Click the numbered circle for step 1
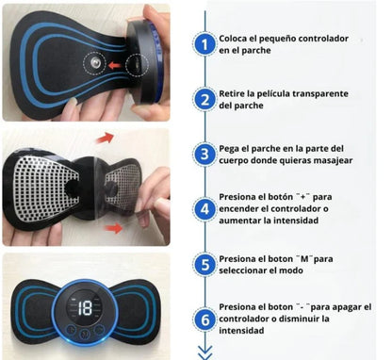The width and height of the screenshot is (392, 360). tap(204, 44)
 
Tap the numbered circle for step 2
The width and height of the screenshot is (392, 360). tap(204, 99)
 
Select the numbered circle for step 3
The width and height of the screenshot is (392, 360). tap(204, 155)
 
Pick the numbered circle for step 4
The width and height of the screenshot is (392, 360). tap(204, 209)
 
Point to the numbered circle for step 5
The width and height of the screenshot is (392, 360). tap(204, 265)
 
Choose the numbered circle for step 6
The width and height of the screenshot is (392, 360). tap(204, 319)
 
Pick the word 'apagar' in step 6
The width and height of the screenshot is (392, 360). tap(345, 307)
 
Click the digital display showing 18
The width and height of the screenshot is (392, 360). tap(85, 308)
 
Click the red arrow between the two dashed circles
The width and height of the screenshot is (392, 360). tap(115, 66)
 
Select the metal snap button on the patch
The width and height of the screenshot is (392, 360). tap(94, 63)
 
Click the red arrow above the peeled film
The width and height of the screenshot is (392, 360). tap(105, 138)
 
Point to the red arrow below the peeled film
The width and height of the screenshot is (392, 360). tap(114, 228)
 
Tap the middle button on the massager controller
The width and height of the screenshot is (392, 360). tap(85, 334)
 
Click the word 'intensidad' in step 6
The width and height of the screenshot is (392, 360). tap(241, 331)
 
